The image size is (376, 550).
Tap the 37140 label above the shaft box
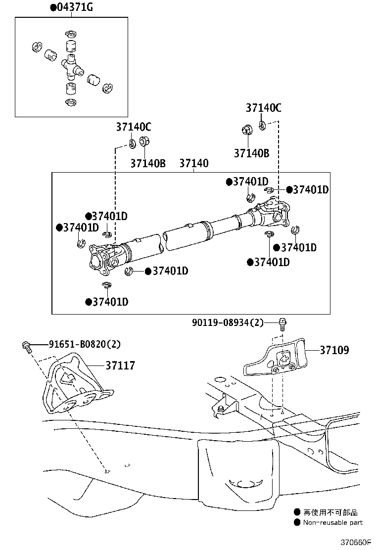(193, 163)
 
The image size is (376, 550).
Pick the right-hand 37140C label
(264, 108)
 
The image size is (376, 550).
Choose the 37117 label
(120, 366)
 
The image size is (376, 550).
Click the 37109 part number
(334, 350)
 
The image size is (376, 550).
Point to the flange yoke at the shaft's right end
(275, 212)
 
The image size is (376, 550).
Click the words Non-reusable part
(332, 522)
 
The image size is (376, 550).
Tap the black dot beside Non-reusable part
(297, 522)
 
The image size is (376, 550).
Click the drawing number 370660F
(355, 542)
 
